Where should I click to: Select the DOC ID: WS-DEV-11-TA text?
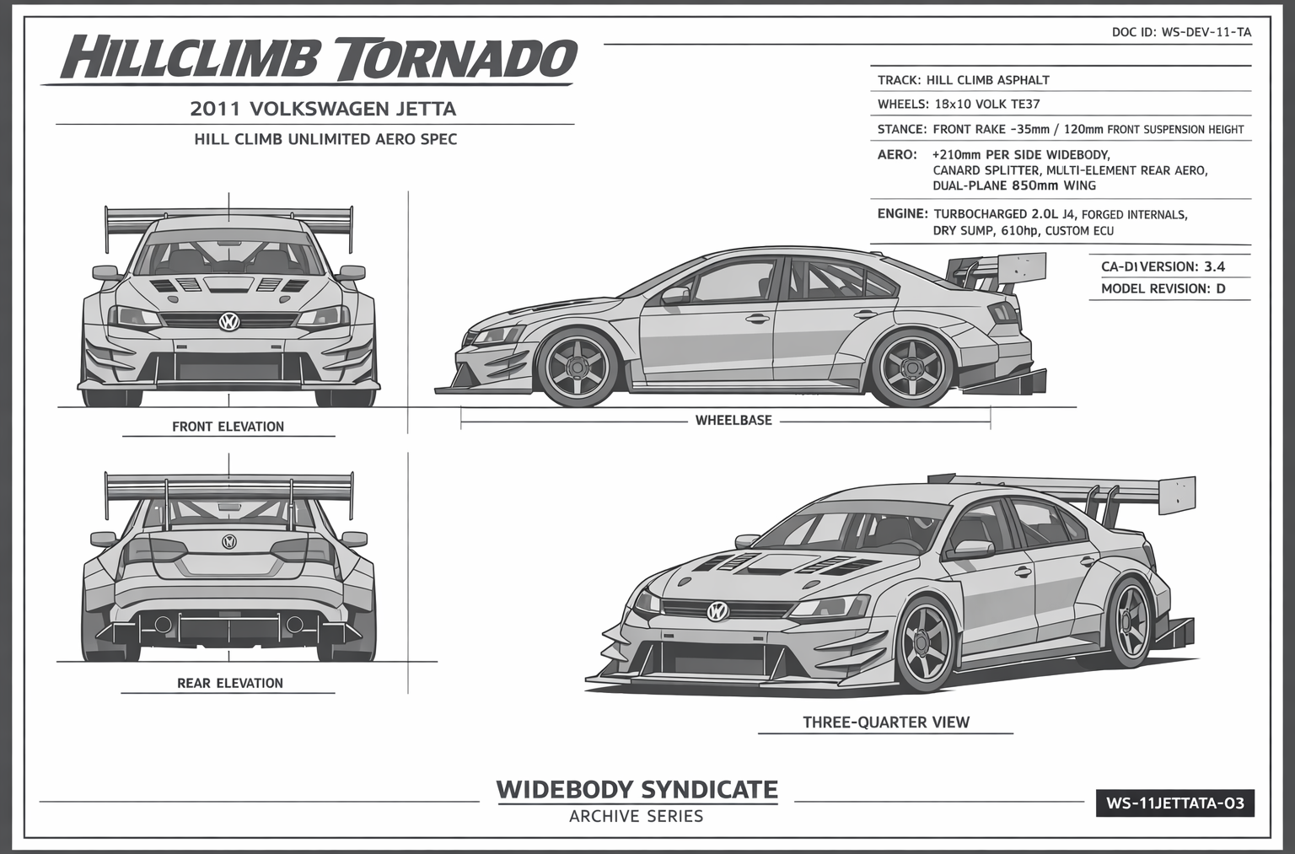point(1181,33)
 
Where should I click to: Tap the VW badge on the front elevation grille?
point(228,321)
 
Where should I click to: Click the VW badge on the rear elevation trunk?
point(228,542)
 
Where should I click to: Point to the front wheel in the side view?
point(578,368)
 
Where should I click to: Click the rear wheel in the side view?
point(911,368)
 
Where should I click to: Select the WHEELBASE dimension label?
point(733,420)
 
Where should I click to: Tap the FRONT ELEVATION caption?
point(228,427)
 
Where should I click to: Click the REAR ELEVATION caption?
point(229,683)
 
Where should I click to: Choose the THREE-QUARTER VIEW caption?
point(885,722)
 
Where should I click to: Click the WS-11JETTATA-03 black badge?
point(1174,803)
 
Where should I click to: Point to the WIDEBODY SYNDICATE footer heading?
point(637,790)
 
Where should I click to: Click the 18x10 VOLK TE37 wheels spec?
point(986,105)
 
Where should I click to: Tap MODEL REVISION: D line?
point(1163,288)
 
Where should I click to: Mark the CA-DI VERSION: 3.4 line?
point(1163,267)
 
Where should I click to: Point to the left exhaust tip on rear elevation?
point(164,625)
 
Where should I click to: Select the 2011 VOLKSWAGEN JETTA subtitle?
point(323,109)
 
